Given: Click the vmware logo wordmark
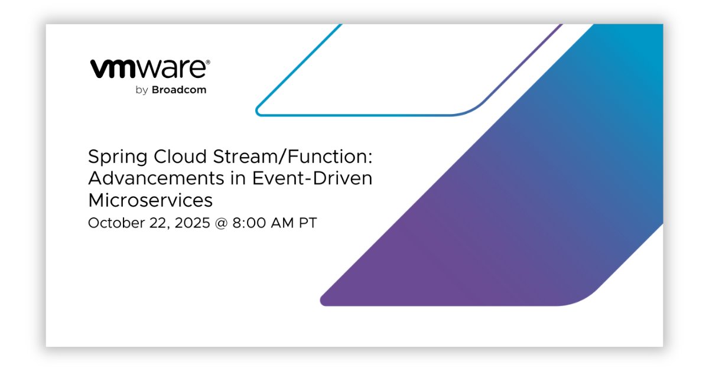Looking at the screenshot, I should (148, 69).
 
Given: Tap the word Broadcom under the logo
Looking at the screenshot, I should (179, 90).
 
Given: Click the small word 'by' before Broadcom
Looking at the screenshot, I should (141, 91).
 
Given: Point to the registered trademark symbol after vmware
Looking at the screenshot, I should (207, 61).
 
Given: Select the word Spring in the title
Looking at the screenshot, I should (115, 158).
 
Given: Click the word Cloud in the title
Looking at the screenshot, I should (173, 157).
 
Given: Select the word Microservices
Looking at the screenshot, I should (150, 200).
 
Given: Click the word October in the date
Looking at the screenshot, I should (112, 223).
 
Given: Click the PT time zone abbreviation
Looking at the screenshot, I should (307, 223).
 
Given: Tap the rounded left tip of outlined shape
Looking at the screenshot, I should (259, 110).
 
